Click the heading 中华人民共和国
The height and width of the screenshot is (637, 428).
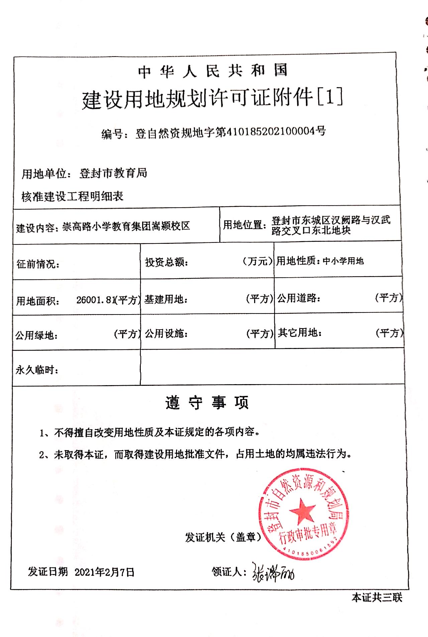click(213, 71)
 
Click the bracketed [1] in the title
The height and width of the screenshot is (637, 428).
click(329, 97)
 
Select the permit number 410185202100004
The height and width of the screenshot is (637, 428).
click(270, 131)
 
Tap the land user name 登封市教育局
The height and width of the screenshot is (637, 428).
click(113, 173)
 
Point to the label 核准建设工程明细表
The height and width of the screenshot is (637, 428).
click(73, 196)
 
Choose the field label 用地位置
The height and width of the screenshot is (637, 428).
click(244, 225)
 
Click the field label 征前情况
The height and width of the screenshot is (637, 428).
click(38, 264)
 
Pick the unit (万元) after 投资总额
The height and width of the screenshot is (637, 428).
click(257, 261)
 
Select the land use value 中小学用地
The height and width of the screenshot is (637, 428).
click(343, 261)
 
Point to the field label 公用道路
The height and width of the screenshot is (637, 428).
click(299, 298)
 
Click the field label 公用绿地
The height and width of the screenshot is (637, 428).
click(36, 335)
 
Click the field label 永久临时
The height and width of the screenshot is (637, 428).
click(37, 370)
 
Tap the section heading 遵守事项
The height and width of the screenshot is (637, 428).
click(207, 403)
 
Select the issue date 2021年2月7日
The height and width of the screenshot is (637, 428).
click(104, 572)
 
